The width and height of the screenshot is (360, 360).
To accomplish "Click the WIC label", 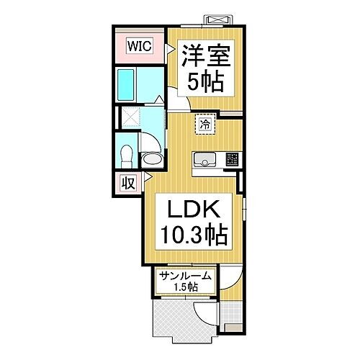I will point(140,45).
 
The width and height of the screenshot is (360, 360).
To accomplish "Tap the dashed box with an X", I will point(130,117).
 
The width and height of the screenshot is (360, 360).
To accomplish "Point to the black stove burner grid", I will point(232,160).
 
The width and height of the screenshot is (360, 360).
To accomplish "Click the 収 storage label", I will point(128,182).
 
